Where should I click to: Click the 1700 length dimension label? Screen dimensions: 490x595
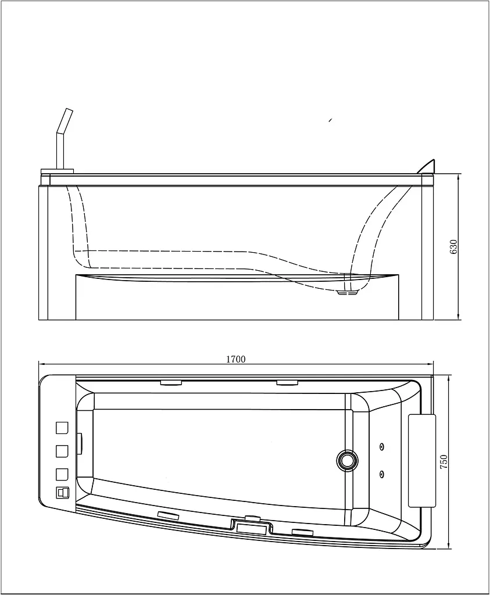(236, 359)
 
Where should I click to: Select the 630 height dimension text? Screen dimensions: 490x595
(453, 247)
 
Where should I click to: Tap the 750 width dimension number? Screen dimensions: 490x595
(443, 461)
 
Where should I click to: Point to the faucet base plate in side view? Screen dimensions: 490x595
(56, 171)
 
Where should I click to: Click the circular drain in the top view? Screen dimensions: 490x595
(347, 460)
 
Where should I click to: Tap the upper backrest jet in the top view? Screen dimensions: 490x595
(381, 446)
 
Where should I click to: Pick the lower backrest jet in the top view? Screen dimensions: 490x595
(381, 473)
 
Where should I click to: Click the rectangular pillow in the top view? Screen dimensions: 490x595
(421, 461)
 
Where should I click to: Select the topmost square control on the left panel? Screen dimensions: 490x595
(62, 428)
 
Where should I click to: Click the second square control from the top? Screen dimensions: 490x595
(62, 451)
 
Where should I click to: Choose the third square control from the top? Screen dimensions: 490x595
(62, 474)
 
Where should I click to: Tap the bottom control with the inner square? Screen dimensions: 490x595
(63, 493)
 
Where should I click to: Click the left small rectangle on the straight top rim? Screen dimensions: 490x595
(171, 382)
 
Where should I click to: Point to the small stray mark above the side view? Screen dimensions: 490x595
(331, 120)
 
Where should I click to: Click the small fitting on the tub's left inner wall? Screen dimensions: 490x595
(80, 442)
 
